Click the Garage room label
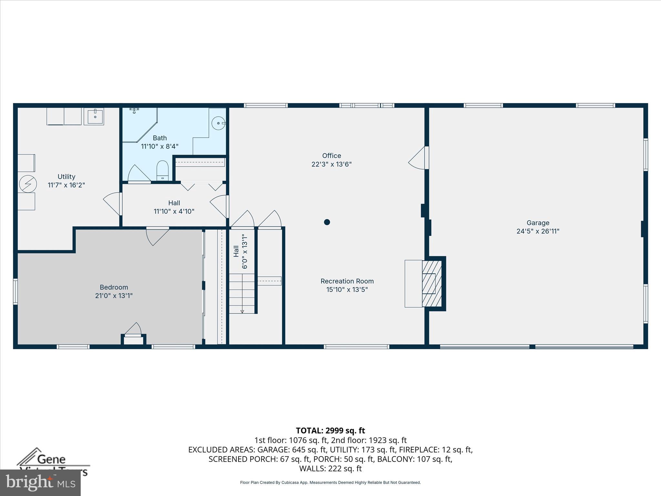(x=538, y=223)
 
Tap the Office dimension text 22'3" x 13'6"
(x=331, y=164)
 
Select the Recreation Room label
(x=347, y=281)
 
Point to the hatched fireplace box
(x=432, y=284)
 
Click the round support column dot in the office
(x=327, y=222)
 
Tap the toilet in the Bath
(x=162, y=170)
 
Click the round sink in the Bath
(x=219, y=123)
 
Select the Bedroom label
(x=114, y=287)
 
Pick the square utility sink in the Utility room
(x=94, y=116)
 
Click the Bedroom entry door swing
(x=157, y=236)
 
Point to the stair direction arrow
(x=242, y=311)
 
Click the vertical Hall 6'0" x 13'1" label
(x=240, y=252)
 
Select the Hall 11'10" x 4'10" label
(x=174, y=207)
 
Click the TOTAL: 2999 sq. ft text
(x=330, y=431)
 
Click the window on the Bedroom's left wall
(x=15, y=292)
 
